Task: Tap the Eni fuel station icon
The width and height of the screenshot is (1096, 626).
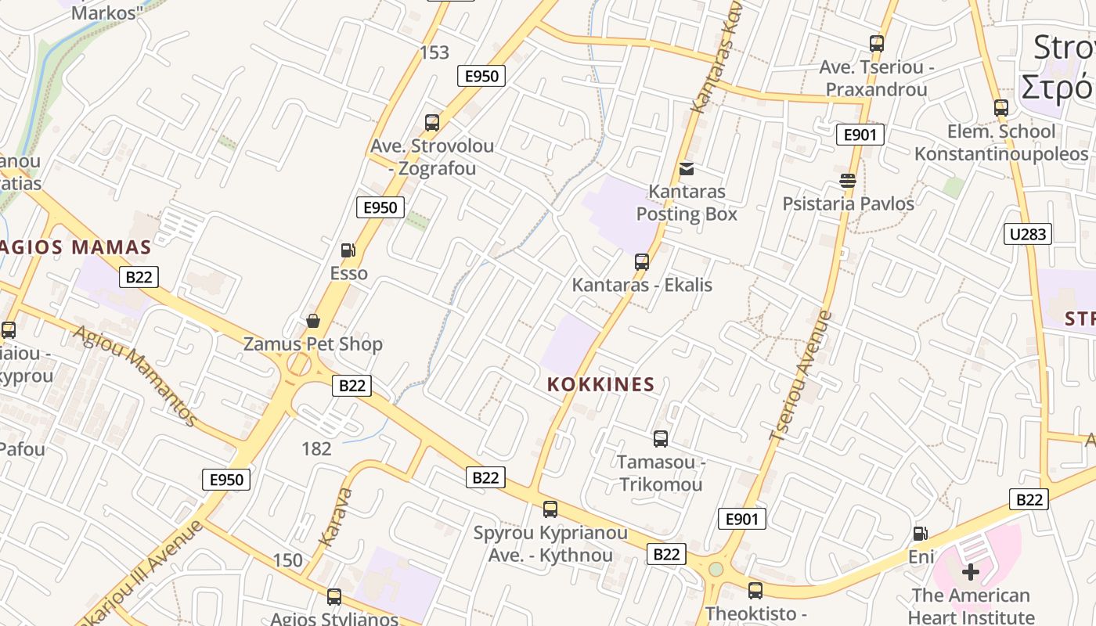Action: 921,534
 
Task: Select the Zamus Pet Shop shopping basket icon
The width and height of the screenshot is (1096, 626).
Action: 313,321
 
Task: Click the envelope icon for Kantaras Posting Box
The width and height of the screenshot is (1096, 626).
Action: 687,168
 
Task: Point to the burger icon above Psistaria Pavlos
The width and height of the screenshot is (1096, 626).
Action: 848,181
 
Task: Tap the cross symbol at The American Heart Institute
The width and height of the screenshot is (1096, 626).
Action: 971,572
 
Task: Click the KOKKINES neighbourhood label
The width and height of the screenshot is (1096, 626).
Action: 600,384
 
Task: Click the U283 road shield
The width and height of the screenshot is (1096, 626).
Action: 1027,233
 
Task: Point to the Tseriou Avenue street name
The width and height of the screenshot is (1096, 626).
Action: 800,376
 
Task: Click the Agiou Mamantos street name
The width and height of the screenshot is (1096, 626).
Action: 135,376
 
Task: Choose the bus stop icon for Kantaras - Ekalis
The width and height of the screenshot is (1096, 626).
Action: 642,261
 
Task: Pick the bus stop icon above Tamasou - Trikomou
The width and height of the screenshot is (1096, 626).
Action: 661,439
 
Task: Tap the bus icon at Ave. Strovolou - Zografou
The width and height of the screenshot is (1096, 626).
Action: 432,123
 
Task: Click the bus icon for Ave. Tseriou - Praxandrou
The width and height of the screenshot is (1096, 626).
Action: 877,44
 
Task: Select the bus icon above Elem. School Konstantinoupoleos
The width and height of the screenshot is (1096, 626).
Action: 1001,108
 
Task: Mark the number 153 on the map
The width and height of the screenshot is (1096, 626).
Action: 434,52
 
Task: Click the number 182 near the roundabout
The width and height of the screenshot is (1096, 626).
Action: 316,448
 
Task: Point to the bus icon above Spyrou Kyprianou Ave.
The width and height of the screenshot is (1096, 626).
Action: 550,509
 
